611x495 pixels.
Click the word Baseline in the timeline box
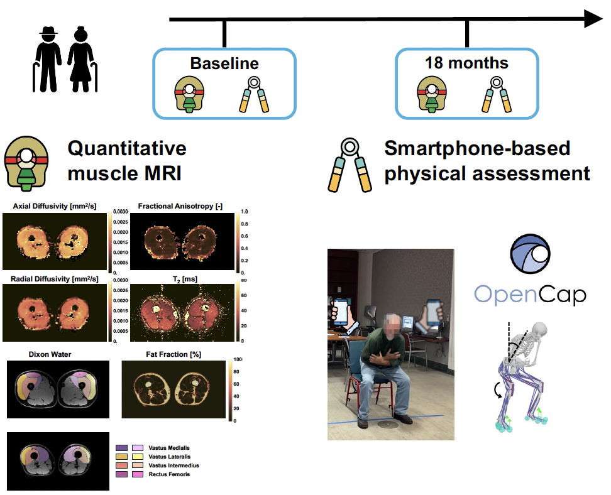224,63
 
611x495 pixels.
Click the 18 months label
466,63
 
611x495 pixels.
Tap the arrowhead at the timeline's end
593,19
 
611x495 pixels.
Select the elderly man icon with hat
48,60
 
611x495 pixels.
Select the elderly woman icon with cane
82,60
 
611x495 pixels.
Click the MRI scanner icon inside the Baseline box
189,94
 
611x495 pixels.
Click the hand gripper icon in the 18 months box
497,95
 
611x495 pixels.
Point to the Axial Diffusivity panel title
55,206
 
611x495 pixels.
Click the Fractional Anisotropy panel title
180,206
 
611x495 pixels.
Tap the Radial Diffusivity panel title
55,279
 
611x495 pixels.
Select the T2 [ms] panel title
185,280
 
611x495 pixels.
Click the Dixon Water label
50,354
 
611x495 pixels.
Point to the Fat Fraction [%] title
173,354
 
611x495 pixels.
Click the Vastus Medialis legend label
169,448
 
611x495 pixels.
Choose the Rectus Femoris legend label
169,474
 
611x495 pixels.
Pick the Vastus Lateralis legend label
170,457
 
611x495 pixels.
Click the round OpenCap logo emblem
530,254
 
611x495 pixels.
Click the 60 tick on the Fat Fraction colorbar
236,384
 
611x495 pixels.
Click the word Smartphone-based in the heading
477,148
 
